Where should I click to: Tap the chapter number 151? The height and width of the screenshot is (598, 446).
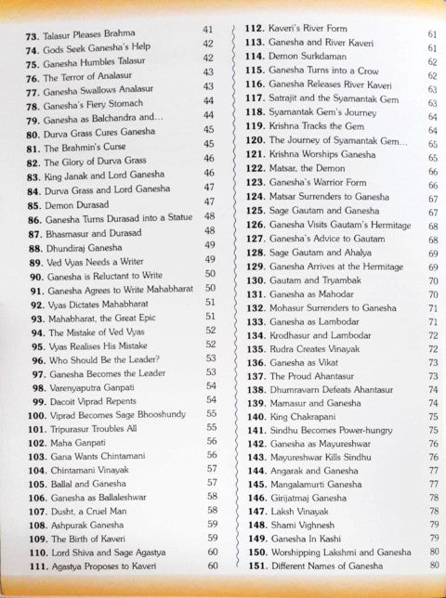point(249,565)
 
